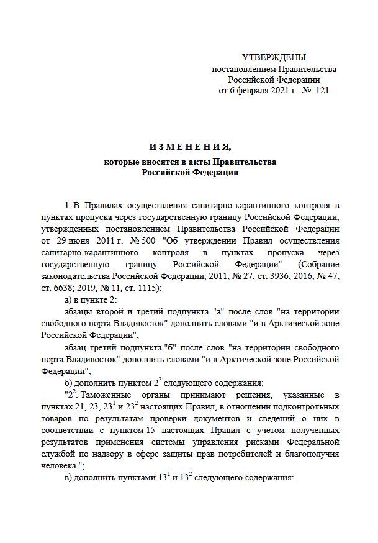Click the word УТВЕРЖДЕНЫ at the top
[x=274, y=57]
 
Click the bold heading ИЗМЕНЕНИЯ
[x=189, y=147]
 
